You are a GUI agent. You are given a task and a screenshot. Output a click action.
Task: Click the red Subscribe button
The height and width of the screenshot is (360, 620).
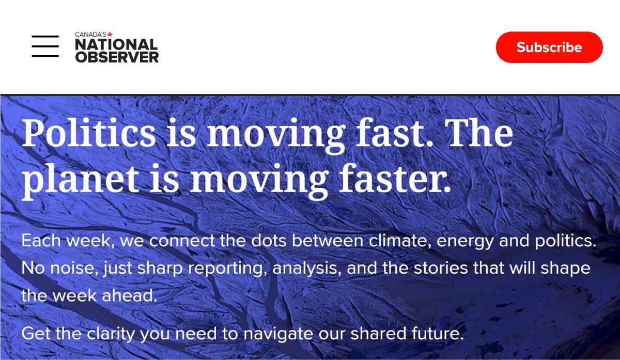[549, 47]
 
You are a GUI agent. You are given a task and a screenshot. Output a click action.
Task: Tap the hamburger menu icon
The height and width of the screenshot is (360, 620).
[45, 46]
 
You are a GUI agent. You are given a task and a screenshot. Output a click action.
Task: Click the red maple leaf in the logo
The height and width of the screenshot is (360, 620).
[110, 34]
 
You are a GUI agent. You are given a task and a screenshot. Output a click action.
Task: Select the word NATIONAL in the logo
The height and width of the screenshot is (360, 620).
[116, 44]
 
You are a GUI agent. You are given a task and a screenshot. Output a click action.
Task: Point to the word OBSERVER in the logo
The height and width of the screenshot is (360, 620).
[117, 57]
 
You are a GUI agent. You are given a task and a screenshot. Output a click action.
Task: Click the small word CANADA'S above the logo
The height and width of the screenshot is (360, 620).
[91, 35]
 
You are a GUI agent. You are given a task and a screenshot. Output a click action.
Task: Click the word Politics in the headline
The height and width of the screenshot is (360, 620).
[89, 133]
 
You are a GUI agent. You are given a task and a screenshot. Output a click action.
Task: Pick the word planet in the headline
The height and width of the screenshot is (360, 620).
[80, 180]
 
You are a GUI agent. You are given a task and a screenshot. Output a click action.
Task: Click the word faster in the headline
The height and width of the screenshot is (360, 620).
[394, 179]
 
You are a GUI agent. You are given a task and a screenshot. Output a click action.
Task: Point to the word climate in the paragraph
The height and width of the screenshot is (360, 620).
[400, 240]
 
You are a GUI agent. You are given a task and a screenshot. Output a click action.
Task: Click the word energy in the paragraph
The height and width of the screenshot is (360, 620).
[466, 241]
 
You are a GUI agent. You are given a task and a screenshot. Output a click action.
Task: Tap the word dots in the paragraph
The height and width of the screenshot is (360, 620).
[269, 240]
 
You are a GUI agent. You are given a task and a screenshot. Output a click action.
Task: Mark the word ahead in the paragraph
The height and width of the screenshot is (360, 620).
[130, 295]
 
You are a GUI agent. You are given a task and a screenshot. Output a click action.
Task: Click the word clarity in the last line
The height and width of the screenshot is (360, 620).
[111, 334]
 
